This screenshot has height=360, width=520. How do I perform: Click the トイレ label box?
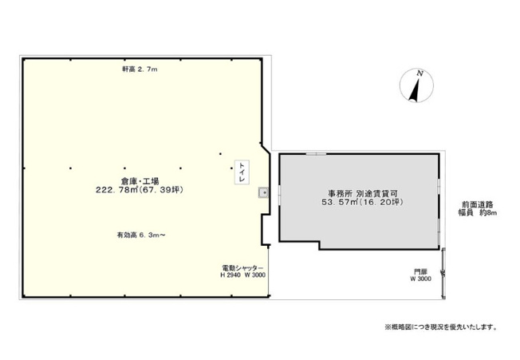242,172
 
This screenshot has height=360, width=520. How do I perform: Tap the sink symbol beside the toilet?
264,192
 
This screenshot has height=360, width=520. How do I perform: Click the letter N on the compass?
420,73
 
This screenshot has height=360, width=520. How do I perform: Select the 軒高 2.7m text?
140,69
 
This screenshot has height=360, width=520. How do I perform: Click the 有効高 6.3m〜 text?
141,235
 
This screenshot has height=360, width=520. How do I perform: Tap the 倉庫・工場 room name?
140,181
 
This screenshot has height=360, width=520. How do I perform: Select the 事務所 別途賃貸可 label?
362,193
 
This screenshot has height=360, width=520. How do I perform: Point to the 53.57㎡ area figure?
339,202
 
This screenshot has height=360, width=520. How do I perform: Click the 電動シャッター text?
242,267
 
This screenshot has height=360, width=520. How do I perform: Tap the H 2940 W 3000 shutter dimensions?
242,275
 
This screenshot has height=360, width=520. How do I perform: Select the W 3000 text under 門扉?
420,279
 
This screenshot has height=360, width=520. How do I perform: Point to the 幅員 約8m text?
478,213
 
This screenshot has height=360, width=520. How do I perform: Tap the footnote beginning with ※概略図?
441,327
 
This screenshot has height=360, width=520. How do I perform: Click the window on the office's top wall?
316,154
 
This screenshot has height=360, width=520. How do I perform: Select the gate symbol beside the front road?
443,273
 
